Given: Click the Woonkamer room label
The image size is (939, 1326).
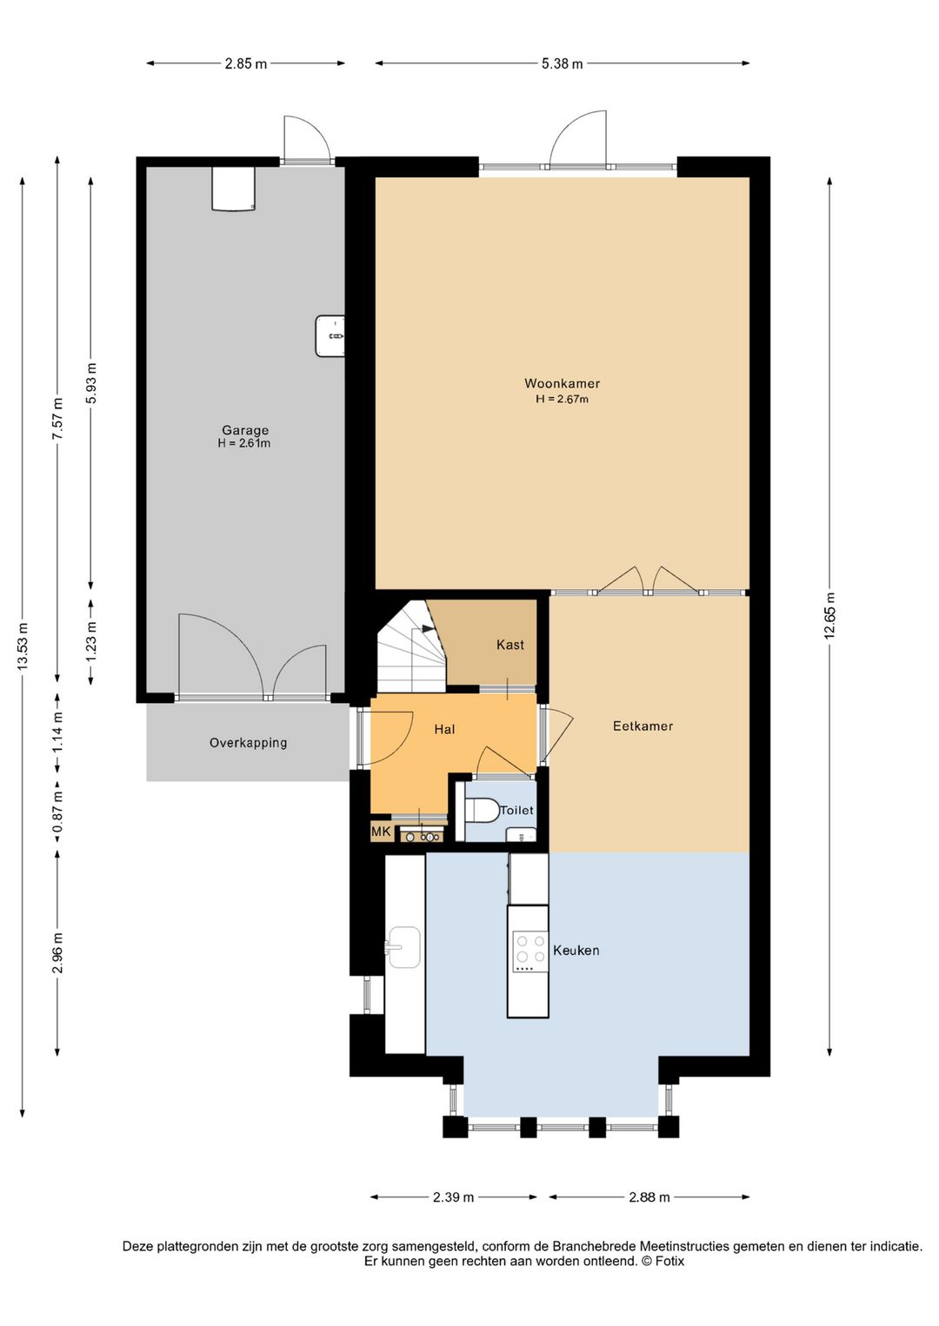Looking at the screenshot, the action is (x=562, y=383).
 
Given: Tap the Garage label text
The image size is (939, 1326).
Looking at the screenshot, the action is (x=244, y=430).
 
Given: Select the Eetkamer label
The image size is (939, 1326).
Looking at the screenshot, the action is (x=643, y=726).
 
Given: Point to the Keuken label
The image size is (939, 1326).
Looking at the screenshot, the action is (x=576, y=950).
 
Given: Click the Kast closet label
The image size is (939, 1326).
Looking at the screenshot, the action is (x=510, y=645).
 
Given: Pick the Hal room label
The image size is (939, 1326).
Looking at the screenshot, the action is (x=444, y=729).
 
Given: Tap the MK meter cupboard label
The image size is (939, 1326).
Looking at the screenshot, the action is (x=380, y=832).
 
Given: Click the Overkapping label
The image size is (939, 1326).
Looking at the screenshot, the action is (x=249, y=743).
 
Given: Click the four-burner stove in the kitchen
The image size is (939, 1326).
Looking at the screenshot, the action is (x=530, y=951).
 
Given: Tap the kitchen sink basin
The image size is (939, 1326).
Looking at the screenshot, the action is (x=404, y=947).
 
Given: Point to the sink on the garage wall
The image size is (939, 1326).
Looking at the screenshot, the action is (x=330, y=336).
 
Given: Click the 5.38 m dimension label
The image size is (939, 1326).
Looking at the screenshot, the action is (x=562, y=64).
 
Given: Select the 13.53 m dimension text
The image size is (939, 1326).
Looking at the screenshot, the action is (x=23, y=646).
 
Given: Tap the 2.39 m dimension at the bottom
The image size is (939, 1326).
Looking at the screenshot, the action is (x=453, y=1197).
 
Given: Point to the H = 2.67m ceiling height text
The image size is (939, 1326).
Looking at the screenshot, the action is (x=562, y=399).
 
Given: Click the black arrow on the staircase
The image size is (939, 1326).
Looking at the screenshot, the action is (x=428, y=629).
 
